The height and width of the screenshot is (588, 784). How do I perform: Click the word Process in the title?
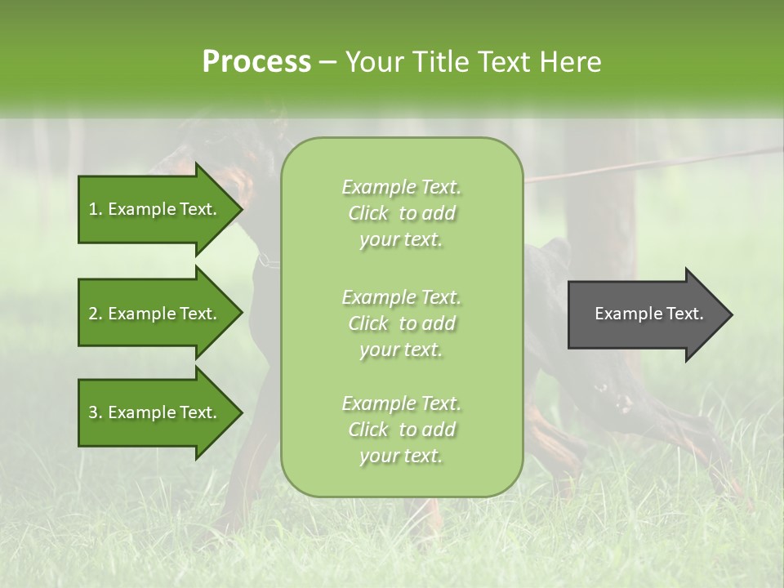pyautogui.click(x=256, y=62)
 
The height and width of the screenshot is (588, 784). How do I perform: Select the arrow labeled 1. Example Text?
pyautogui.click(x=155, y=209)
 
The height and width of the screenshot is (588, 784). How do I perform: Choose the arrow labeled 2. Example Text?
pyautogui.click(x=155, y=314)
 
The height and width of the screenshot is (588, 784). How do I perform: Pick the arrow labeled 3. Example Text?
pyautogui.click(x=155, y=412)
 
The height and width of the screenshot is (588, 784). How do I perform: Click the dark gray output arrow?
pyautogui.click(x=645, y=314)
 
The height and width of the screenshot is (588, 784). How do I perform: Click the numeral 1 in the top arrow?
pyautogui.click(x=93, y=209)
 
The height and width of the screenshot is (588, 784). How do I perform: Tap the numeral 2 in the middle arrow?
pyautogui.click(x=93, y=314)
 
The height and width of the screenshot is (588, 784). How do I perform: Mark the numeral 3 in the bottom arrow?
pyautogui.click(x=93, y=412)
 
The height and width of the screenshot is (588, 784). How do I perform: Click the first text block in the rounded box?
pyautogui.click(x=401, y=213)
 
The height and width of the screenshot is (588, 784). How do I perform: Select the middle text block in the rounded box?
pyautogui.click(x=401, y=323)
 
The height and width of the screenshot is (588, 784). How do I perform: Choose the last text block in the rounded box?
pyautogui.click(x=401, y=430)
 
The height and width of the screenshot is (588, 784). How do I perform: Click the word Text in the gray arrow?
pyautogui.click(x=681, y=314)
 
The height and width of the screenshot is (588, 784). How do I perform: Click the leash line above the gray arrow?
pyautogui.click(x=653, y=164)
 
